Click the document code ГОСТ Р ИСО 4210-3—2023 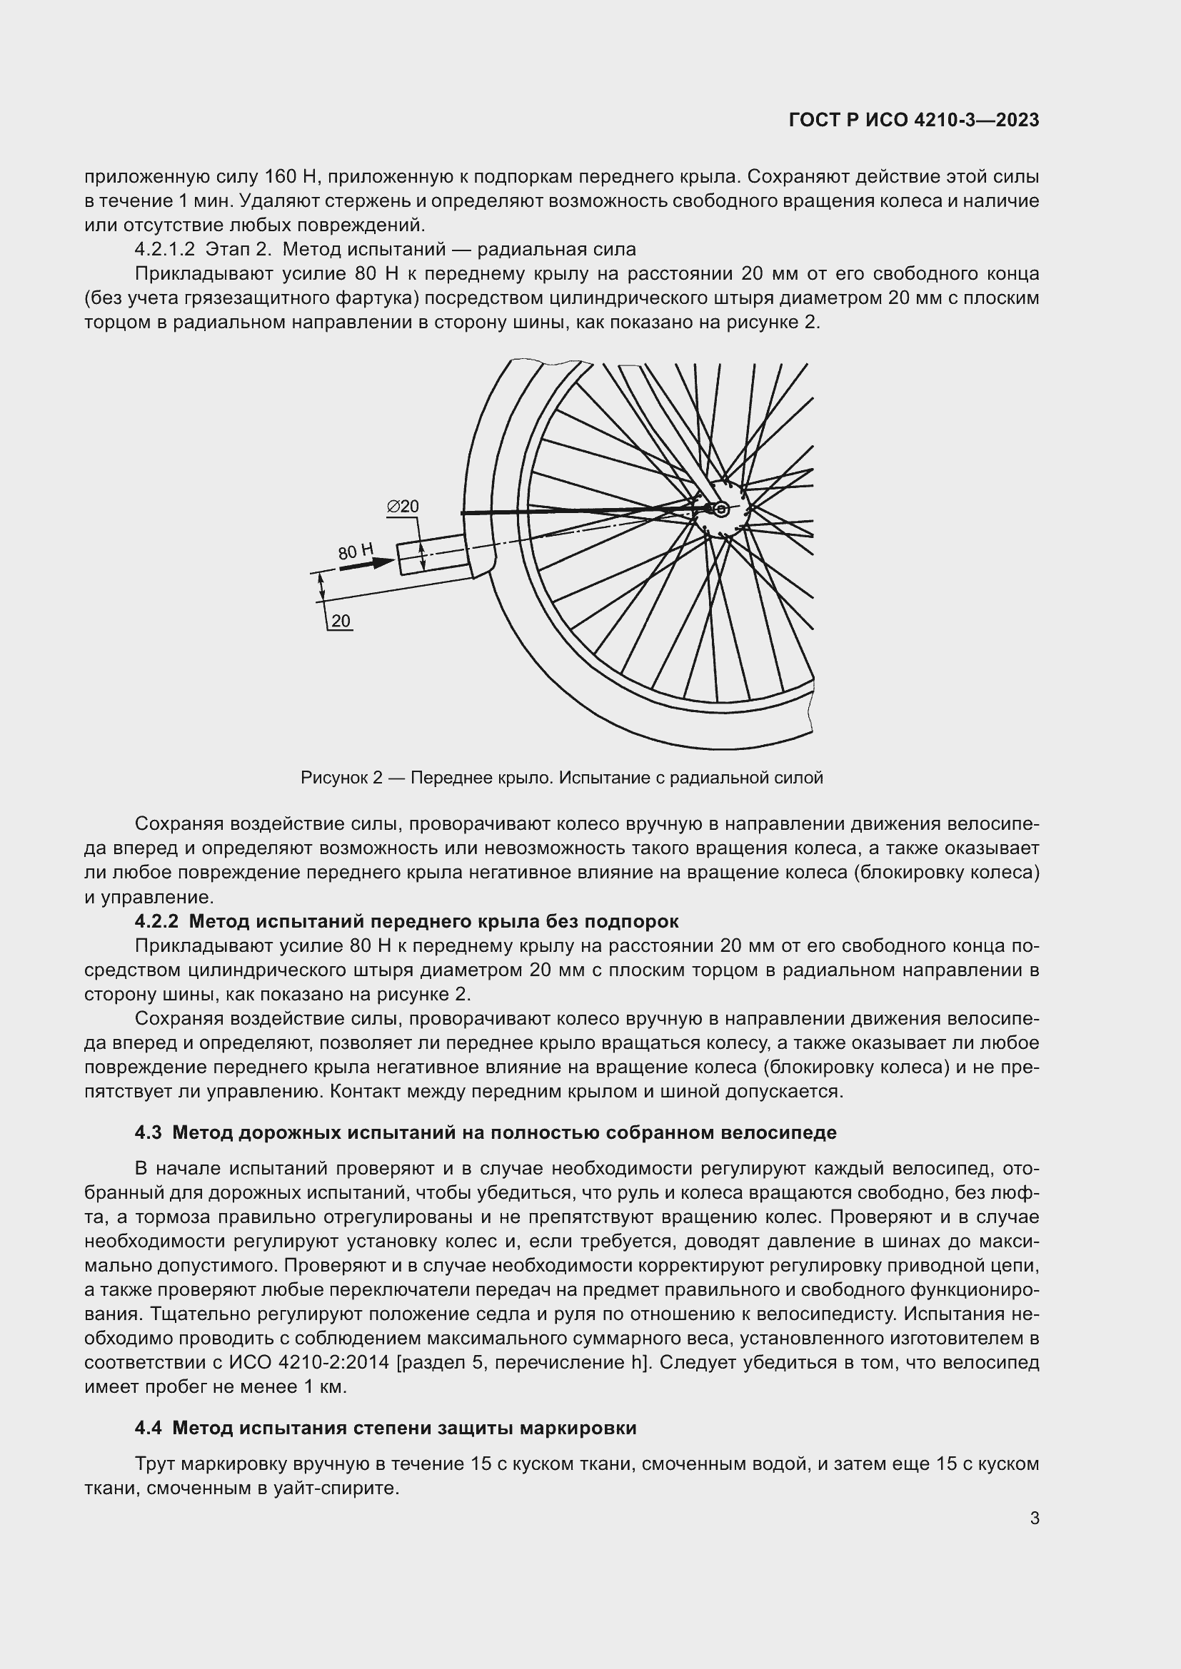(x=913, y=121)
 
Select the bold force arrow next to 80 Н (x=366, y=564)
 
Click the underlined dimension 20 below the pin (x=341, y=622)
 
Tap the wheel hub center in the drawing (x=721, y=509)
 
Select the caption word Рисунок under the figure (x=336, y=778)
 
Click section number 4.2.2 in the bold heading (x=156, y=922)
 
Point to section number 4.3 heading (x=149, y=1132)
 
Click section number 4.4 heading (x=149, y=1429)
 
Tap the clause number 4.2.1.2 (x=164, y=249)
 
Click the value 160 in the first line (x=280, y=177)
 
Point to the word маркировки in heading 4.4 (x=578, y=1429)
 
